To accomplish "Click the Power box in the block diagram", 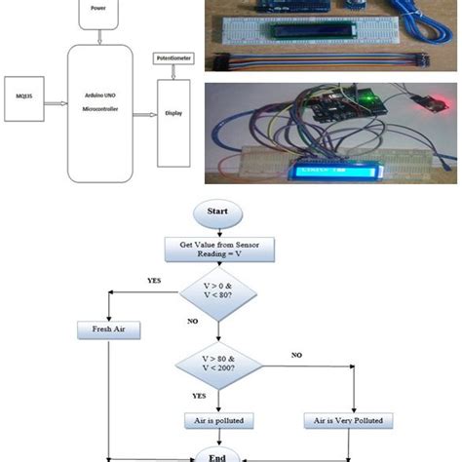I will pyautogui.click(x=96, y=11).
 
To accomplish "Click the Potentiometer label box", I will pyautogui.click(x=174, y=59).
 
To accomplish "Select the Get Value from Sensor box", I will pyautogui.click(x=219, y=249).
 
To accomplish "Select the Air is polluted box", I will pyautogui.click(x=220, y=421).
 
